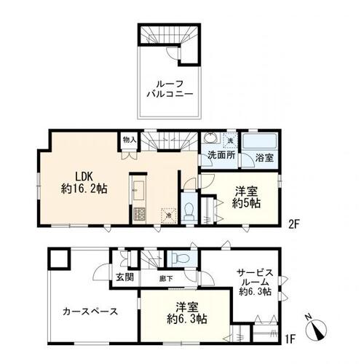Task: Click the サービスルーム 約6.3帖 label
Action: [254, 281]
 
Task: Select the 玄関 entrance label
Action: [123, 277]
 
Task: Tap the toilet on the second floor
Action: [189, 210]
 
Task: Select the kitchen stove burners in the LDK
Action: [139, 214]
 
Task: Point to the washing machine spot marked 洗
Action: [230, 139]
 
